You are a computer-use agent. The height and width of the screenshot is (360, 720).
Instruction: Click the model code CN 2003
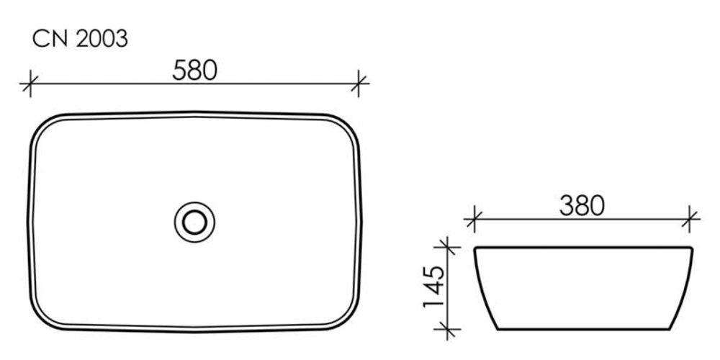[80, 39]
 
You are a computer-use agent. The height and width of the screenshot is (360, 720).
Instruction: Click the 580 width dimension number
[194, 71]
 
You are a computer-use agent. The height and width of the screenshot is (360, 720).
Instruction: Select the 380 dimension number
[581, 206]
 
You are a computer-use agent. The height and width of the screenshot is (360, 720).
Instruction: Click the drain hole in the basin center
[194, 222]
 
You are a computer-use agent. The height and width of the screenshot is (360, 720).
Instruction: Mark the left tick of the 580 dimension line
[30, 84]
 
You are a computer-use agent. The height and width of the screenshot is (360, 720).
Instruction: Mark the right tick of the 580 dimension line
[358, 84]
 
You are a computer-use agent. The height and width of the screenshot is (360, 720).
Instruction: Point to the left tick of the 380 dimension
[474, 219]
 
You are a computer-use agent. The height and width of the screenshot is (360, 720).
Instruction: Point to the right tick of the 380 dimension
[690, 219]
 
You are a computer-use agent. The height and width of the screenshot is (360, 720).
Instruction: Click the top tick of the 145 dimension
[447, 247]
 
